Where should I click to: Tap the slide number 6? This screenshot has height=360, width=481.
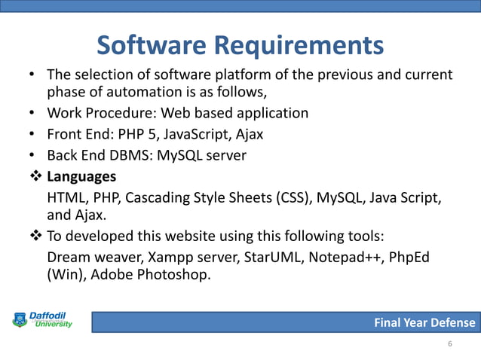point(450,344)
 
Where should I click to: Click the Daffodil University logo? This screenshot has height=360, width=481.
point(42,319)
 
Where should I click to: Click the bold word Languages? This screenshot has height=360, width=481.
point(81,178)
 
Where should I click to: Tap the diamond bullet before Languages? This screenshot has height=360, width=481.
point(34,178)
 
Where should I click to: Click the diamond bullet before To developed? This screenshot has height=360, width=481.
point(34,237)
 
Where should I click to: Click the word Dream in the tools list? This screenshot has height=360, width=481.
point(69,256)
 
